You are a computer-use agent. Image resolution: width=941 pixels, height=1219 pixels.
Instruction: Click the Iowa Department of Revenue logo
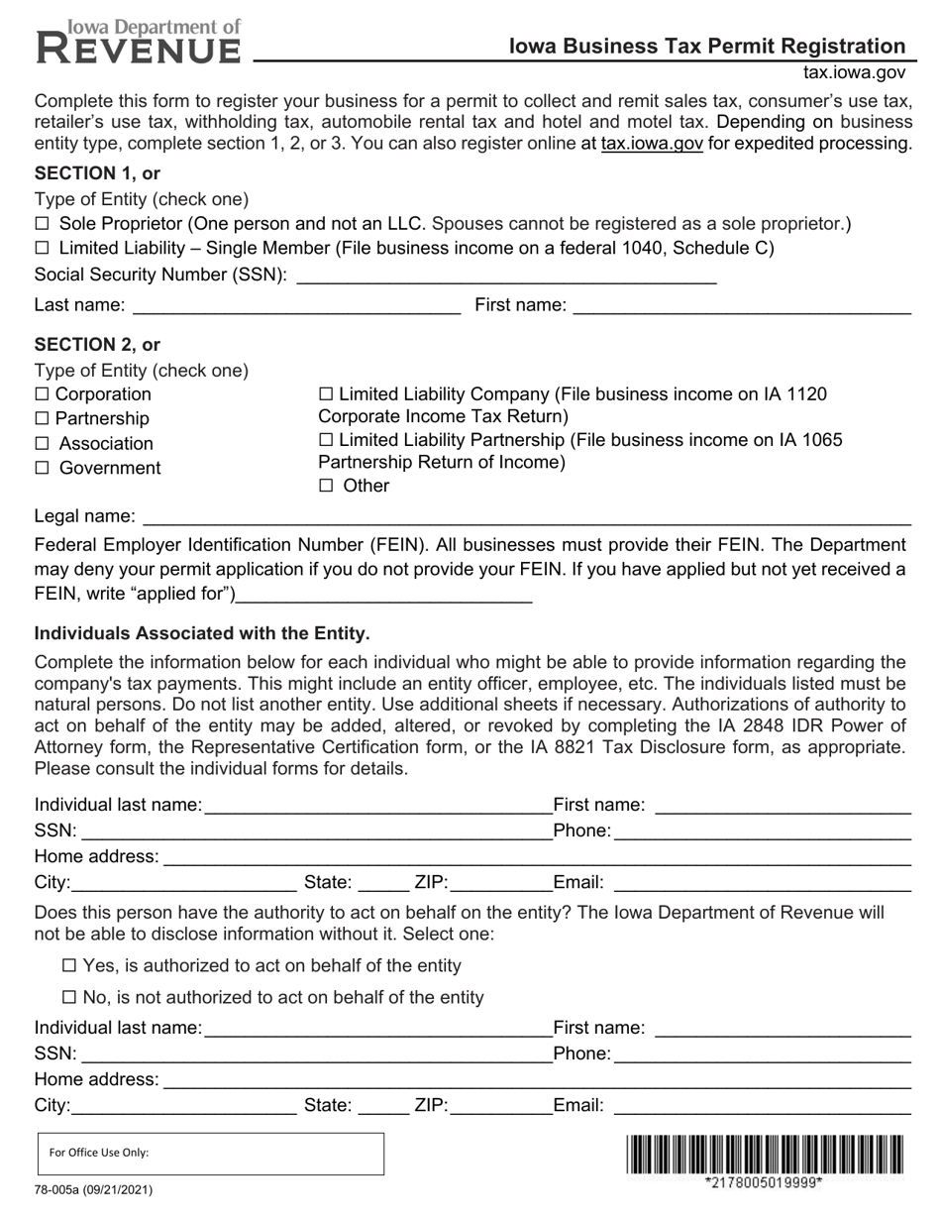tap(139, 41)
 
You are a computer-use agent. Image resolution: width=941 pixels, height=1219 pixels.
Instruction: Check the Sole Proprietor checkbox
tap(42, 224)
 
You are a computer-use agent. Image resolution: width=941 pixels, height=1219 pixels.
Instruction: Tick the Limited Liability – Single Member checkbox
tap(42, 248)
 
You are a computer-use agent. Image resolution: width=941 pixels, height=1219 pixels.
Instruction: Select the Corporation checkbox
tap(42, 394)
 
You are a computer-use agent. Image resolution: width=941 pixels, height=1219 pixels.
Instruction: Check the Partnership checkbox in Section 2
tap(42, 419)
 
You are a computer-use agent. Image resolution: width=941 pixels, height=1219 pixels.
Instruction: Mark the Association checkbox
tap(42, 444)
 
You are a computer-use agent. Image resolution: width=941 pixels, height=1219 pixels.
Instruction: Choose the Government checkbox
tap(42, 468)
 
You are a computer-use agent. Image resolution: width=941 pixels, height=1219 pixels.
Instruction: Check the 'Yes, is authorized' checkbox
tap(69, 965)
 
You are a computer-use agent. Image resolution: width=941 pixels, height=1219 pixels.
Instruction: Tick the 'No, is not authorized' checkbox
tap(69, 997)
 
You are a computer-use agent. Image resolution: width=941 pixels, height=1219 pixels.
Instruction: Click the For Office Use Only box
tap(209, 1154)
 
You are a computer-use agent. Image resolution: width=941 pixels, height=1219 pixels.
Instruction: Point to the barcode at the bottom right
tap(764, 1155)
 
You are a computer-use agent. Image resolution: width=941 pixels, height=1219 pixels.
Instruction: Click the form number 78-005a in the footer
tap(93, 1189)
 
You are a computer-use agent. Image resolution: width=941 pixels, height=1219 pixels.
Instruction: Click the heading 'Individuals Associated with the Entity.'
tap(202, 633)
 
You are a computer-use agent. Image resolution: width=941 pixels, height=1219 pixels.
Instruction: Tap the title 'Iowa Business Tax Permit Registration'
tap(706, 46)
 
